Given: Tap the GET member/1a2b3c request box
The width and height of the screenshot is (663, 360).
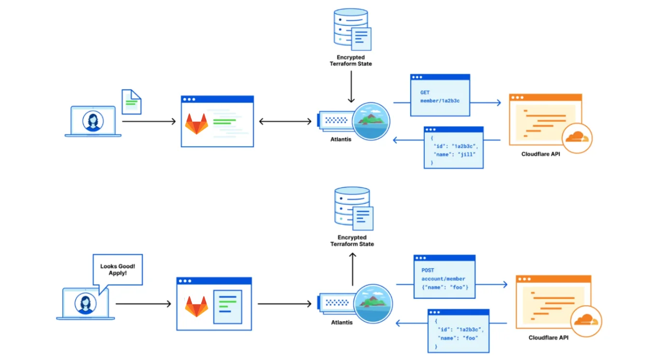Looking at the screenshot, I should click(440, 96).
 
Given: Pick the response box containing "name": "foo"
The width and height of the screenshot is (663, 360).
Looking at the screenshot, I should click(458, 331).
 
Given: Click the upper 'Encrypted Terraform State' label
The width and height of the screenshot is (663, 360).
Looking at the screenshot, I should click(351, 60).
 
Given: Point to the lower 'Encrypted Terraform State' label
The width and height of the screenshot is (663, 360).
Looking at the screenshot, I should click(352, 241).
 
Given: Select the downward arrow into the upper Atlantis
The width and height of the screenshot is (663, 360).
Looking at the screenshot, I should click(351, 87).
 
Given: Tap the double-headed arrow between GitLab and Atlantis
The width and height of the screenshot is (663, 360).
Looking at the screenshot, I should click(285, 121).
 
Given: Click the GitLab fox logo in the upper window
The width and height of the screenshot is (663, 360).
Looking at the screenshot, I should click(196, 124).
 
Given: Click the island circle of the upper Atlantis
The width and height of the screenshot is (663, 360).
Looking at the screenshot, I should click(371, 121).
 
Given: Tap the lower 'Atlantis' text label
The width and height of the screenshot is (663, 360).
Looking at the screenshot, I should click(342, 322).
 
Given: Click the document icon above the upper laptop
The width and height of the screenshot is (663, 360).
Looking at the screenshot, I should click(131, 101).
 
